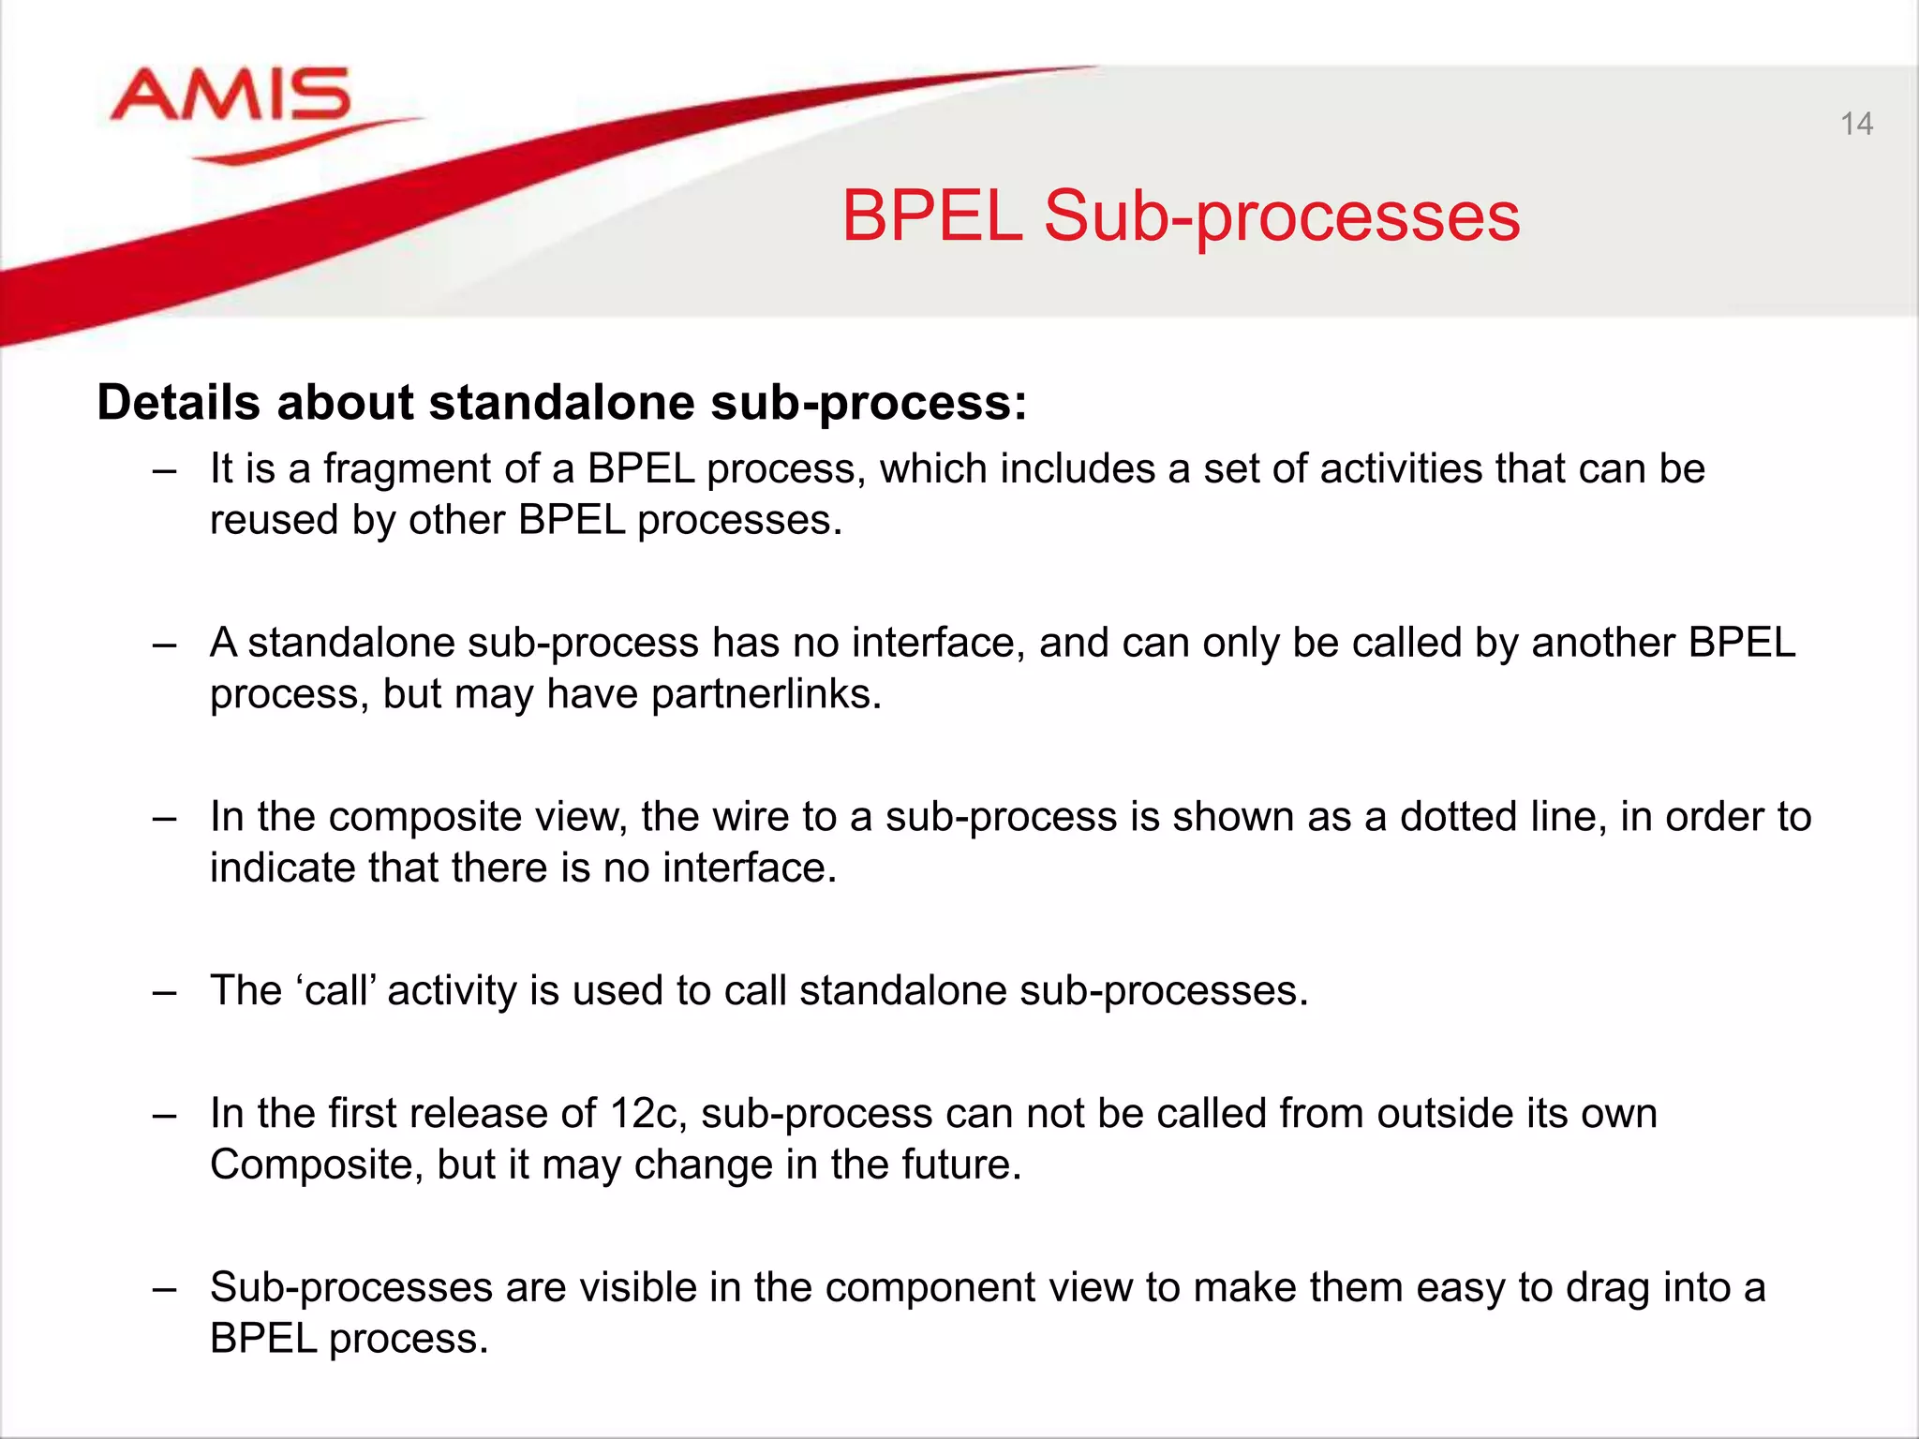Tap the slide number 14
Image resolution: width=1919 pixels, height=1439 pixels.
pos(1856,125)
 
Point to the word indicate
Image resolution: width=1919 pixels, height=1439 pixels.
pos(282,868)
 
